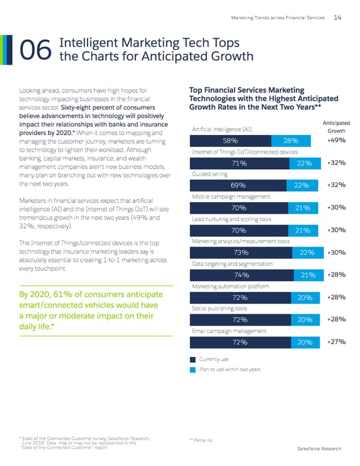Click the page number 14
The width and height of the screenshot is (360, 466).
point(338,17)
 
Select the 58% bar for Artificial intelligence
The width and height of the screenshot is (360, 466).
point(229,141)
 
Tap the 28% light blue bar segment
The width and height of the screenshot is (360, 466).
point(291,141)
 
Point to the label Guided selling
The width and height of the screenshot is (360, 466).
point(209,174)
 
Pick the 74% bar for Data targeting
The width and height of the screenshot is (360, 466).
point(242,275)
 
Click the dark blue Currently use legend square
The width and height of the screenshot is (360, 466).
point(193,360)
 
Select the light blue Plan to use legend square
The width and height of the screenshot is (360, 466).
point(193,369)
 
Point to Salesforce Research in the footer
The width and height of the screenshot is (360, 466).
point(319,449)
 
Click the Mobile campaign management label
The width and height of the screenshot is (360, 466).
point(230,196)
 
